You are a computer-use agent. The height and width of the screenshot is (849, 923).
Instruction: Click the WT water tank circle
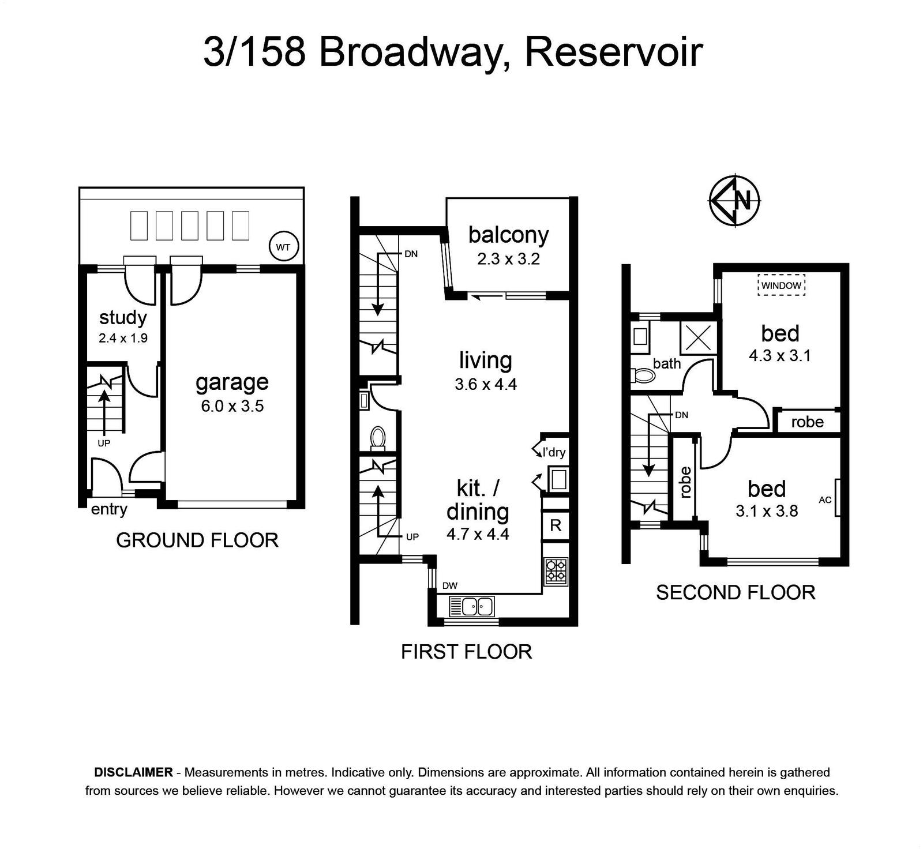tap(283, 247)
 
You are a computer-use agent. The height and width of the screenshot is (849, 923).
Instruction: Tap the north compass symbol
tap(734, 200)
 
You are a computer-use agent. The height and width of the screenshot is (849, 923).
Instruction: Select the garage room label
tap(232, 382)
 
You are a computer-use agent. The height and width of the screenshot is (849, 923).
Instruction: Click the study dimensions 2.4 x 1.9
tap(123, 338)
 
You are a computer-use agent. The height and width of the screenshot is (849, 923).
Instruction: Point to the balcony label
tap(508, 235)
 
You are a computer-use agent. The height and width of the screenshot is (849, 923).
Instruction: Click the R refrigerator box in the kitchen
tap(556, 525)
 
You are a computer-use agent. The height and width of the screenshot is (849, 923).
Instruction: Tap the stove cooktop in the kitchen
tap(556, 571)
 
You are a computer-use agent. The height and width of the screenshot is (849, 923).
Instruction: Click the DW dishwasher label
tap(450, 586)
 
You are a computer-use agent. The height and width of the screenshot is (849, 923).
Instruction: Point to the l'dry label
tap(554, 452)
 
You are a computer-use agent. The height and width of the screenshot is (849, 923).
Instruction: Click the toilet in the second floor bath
tap(644, 376)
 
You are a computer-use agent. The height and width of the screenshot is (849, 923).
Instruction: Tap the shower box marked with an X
tap(698, 337)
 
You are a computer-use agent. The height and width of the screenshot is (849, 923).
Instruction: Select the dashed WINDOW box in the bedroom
tap(781, 285)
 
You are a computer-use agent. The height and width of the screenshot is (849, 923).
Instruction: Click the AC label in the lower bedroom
tap(825, 499)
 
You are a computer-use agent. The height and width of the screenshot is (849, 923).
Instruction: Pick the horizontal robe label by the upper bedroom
tap(807, 422)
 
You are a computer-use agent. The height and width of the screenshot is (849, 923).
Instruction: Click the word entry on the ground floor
tap(109, 509)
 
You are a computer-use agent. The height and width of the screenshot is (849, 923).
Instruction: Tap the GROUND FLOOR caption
tap(197, 540)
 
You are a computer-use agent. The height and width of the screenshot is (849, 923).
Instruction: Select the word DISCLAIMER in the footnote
tap(133, 772)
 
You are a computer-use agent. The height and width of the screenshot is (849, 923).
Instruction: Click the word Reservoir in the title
tap(613, 52)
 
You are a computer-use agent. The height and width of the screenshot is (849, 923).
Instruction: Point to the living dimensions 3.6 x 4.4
tap(485, 384)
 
